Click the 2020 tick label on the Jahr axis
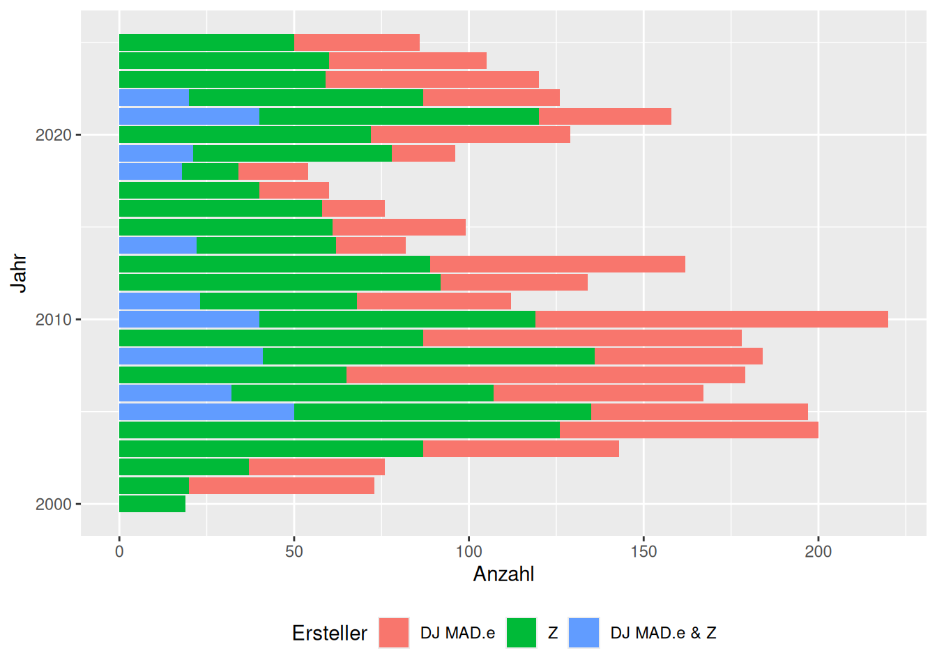pos(53,135)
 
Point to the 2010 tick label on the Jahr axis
pos(53,320)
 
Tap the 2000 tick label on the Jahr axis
pos(53,505)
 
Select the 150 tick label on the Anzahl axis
pos(643,551)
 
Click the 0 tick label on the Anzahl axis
pos(119,551)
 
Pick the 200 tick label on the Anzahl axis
pos(818,551)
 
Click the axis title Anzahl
pos(503,574)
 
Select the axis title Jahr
pos(19,273)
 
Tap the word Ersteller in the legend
pos(329,633)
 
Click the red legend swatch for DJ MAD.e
pos(394,633)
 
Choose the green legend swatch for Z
pos(521,633)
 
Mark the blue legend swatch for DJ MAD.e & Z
pos(584,633)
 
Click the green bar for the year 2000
pos(152,504)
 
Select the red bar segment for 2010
pos(711,319)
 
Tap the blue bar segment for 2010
pos(189,319)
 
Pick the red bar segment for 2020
pos(470,134)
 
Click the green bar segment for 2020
pos(245,134)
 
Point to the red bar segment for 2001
pos(281,485)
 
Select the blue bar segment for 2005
pos(206,411)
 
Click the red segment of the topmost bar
pos(356,43)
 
